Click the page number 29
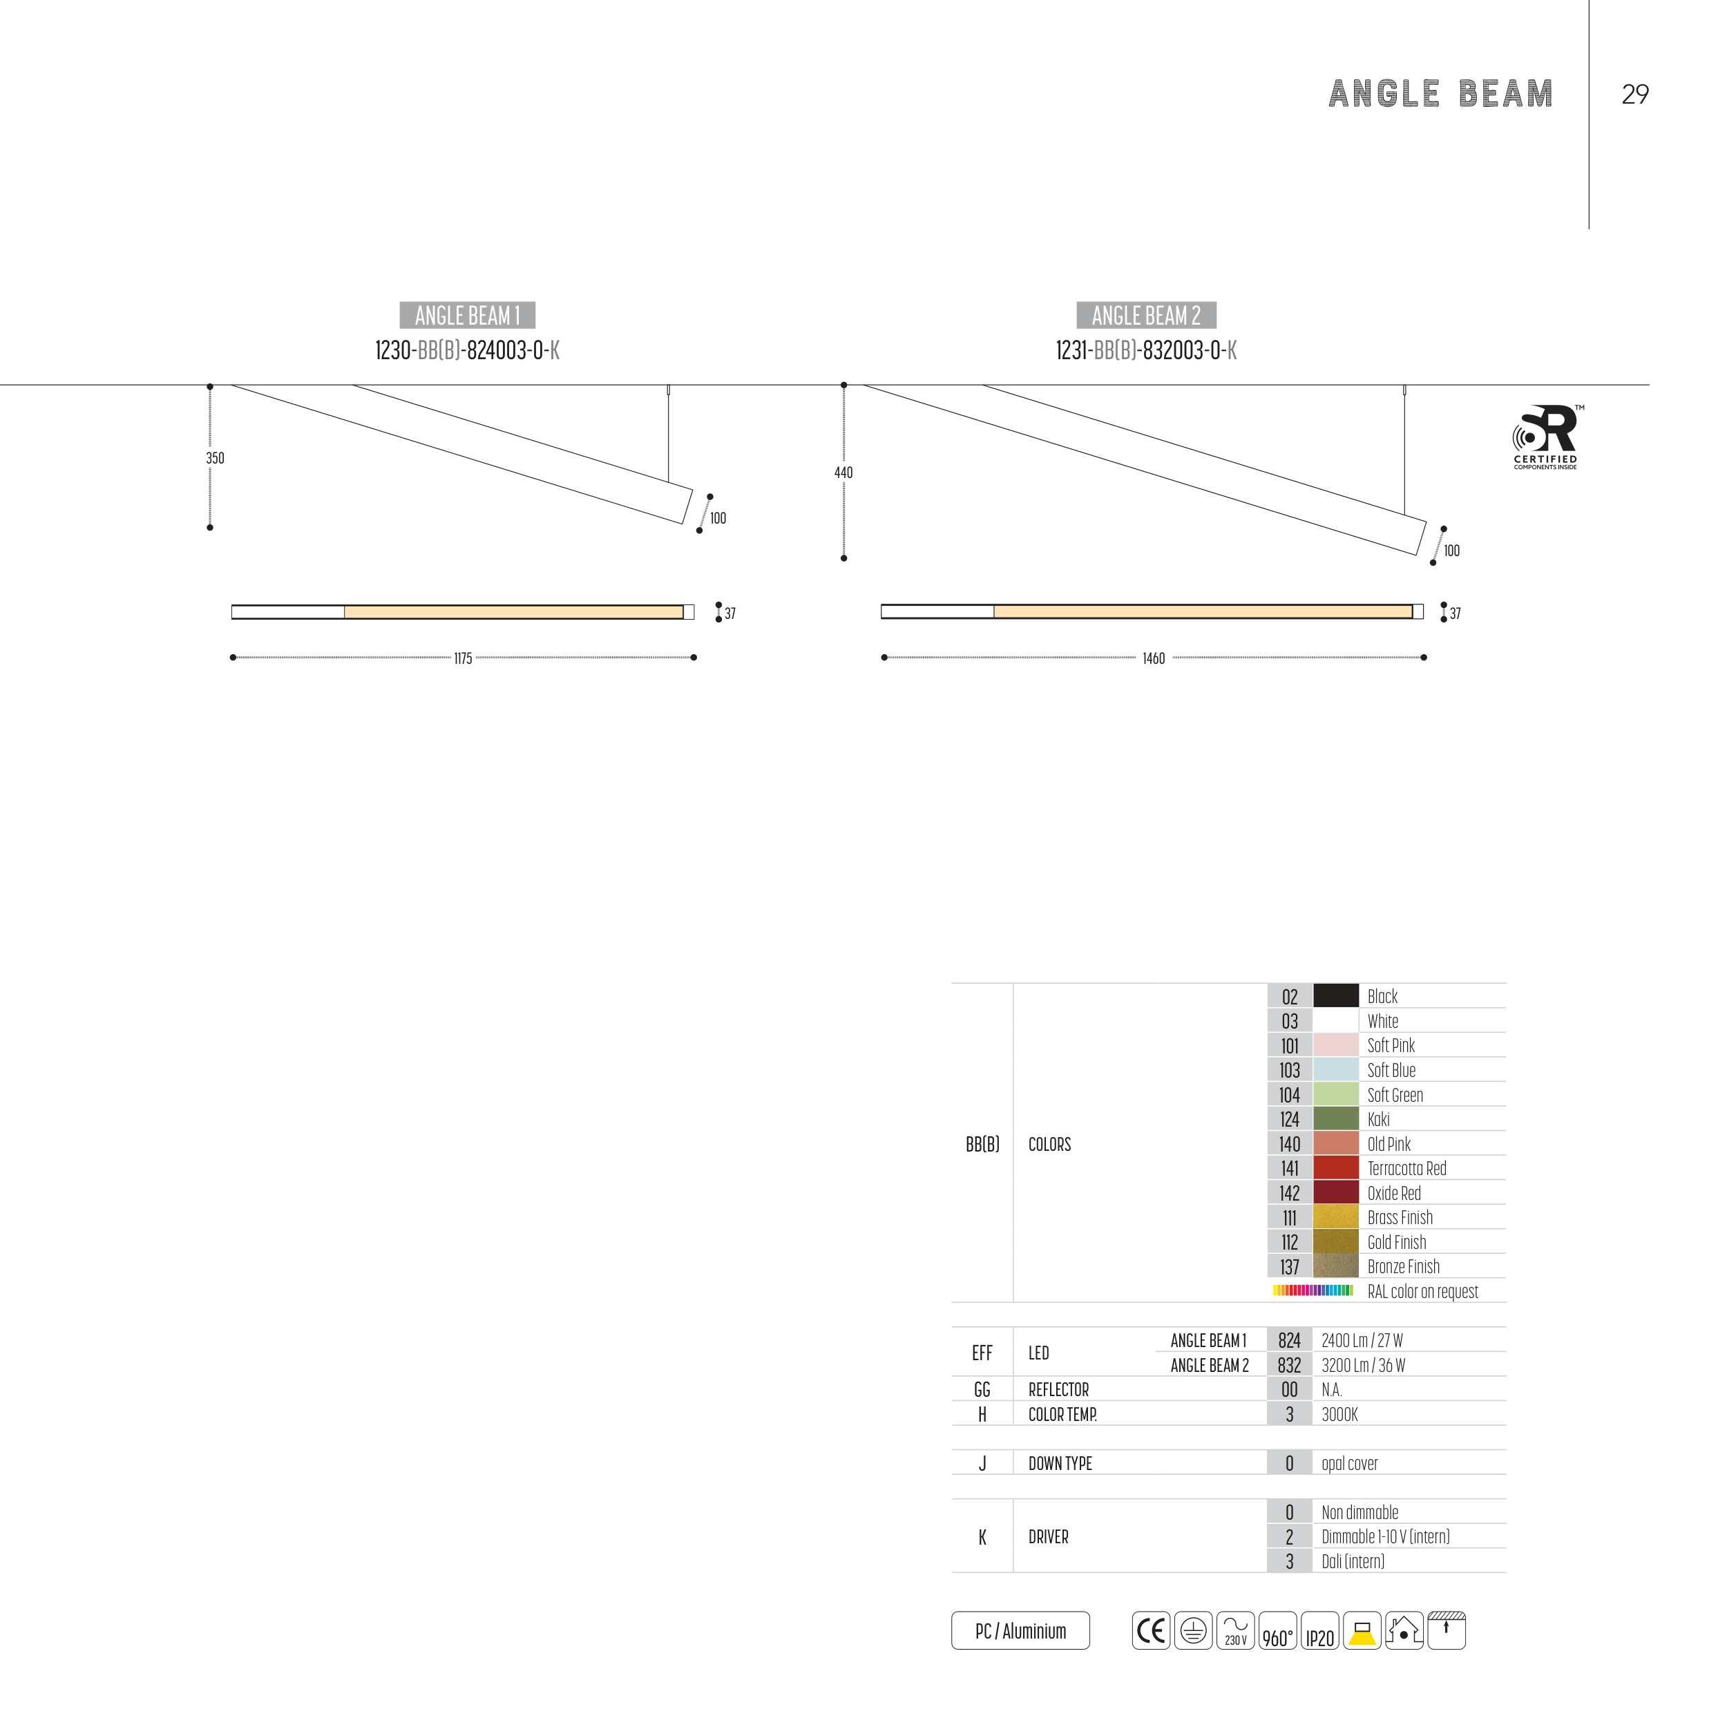[x=1635, y=94]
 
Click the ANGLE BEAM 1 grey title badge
[x=468, y=316]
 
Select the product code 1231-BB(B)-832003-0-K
[x=1146, y=350]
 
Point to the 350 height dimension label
[x=216, y=459]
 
